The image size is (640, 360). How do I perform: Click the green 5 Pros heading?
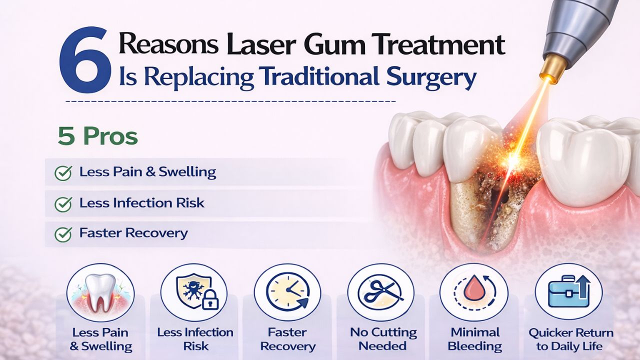click(x=97, y=137)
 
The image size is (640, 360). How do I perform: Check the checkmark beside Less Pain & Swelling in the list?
click(x=63, y=173)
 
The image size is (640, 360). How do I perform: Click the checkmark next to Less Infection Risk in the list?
click(x=63, y=203)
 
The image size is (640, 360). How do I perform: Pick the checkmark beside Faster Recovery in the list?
click(x=63, y=233)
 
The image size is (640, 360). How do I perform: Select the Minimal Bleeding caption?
click(x=475, y=339)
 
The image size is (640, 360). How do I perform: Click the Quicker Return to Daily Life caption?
click(x=570, y=339)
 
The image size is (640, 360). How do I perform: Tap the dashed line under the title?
click(x=230, y=101)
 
